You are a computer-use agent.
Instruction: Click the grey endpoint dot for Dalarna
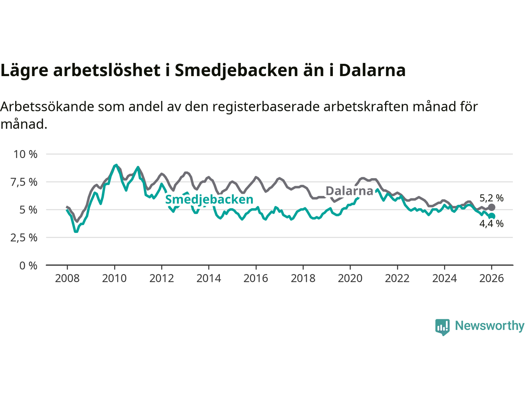(491, 207)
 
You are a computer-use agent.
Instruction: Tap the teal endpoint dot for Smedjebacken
(491, 216)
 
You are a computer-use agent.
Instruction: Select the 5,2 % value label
(491, 198)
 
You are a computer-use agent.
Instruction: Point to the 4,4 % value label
(491, 224)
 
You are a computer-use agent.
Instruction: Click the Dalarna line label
(349, 191)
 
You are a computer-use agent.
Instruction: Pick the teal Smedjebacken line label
(209, 200)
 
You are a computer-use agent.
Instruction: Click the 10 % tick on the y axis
(25, 154)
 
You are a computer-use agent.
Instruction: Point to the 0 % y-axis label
(28, 266)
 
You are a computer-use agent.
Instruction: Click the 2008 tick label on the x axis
(67, 279)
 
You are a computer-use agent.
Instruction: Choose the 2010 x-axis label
(114, 279)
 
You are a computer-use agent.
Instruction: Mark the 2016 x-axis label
(256, 279)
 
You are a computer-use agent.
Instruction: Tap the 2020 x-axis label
(350, 279)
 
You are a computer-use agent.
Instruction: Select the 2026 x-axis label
(491, 279)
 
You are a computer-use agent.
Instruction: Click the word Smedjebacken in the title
(236, 70)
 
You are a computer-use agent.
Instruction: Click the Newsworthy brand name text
(489, 326)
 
